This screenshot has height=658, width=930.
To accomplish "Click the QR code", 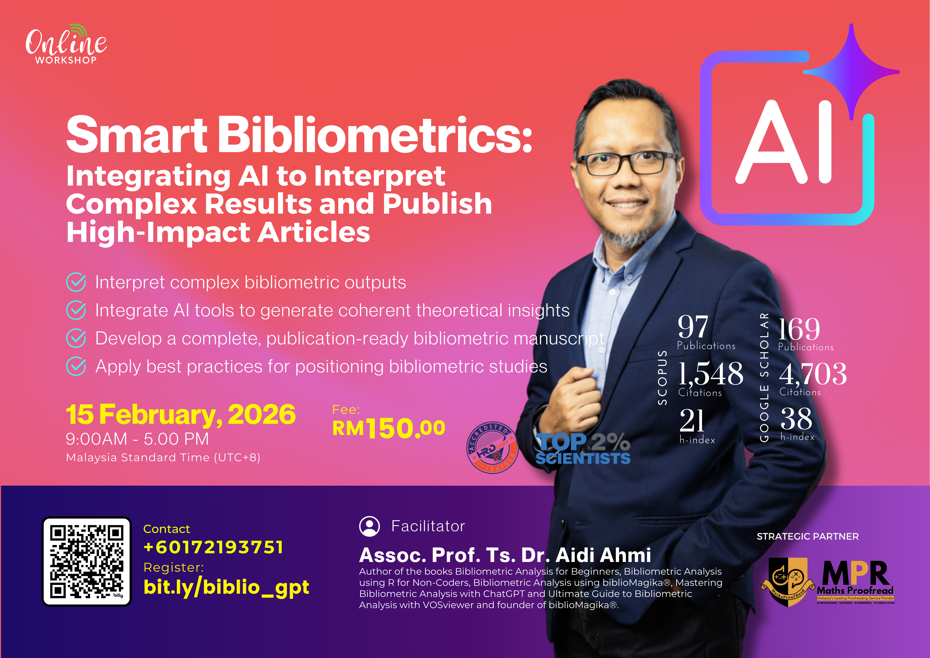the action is pyautogui.click(x=87, y=561).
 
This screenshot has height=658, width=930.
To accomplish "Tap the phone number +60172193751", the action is pyautogui.click(x=214, y=547).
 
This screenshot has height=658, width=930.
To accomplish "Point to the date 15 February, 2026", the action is pyautogui.click(x=181, y=415).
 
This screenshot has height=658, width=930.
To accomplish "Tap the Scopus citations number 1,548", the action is pyautogui.click(x=711, y=374).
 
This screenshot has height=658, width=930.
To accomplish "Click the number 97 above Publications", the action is pyautogui.click(x=693, y=326).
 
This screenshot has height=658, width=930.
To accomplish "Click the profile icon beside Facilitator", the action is pyautogui.click(x=370, y=526).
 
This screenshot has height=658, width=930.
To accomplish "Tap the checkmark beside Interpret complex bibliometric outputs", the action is pyautogui.click(x=76, y=282).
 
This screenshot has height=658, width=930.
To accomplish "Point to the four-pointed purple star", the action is pyautogui.click(x=851, y=72).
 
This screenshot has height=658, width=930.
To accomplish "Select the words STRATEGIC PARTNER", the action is pyautogui.click(x=808, y=536).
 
